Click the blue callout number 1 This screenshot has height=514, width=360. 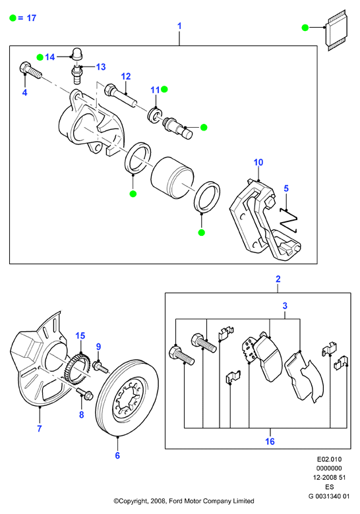click(179, 26)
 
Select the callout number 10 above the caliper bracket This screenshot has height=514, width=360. click(258, 162)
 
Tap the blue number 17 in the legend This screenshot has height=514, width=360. click(32, 18)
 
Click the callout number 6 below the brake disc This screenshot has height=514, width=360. click(117, 455)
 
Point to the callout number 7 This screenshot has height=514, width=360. click(40, 428)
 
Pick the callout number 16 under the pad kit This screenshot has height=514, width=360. click(270, 442)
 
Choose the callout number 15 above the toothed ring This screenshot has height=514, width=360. click(80, 335)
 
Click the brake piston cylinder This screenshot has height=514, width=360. click(173, 179)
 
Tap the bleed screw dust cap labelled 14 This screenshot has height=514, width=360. click(76, 54)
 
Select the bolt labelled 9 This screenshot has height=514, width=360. click(100, 367)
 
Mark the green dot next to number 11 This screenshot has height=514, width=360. click(164, 89)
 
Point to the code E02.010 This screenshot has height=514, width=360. click(329, 459)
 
